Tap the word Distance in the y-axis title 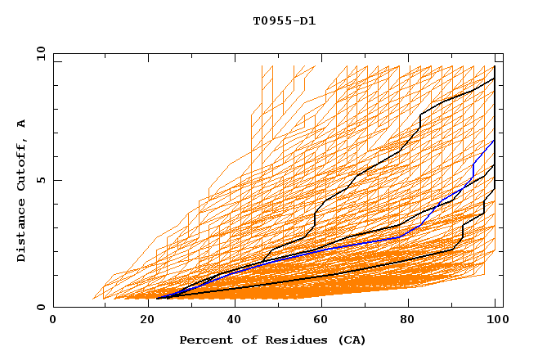[21, 232]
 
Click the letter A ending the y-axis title [21, 124]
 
